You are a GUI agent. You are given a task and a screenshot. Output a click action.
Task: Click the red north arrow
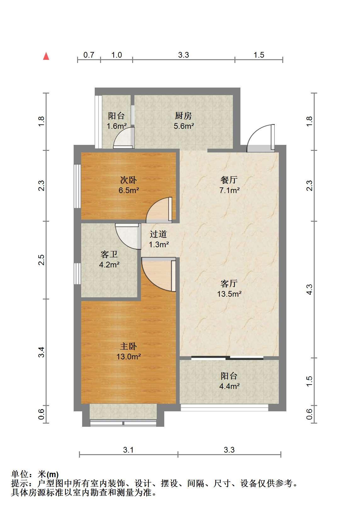[x=46, y=56]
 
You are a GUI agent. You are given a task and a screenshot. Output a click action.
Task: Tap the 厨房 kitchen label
[x=183, y=116]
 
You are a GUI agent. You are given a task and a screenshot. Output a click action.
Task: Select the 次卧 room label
[x=128, y=180]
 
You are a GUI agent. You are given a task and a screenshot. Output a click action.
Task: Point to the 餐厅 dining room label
[x=229, y=180]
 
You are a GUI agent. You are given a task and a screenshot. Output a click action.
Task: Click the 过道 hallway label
[x=158, y=234]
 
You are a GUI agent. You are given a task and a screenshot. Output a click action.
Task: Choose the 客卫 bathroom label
[x=109, y=254]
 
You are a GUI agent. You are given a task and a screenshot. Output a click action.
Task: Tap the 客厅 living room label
[x=229, y=284]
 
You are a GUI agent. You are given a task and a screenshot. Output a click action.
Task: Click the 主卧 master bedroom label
[x=128, y=346]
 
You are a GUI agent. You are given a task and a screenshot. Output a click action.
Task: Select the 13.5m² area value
[x=229, y=294]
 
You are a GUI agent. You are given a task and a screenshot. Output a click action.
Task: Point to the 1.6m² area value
[x=116, y=126]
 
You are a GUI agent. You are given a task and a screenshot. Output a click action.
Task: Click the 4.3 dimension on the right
[x=309, y=289]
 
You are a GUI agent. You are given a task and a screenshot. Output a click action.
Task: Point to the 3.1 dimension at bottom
[x=128, y=450]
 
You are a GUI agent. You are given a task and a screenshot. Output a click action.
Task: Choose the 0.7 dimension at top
[x=88, y=55]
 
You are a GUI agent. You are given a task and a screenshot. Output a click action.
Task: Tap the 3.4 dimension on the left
[x=41, y=352]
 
